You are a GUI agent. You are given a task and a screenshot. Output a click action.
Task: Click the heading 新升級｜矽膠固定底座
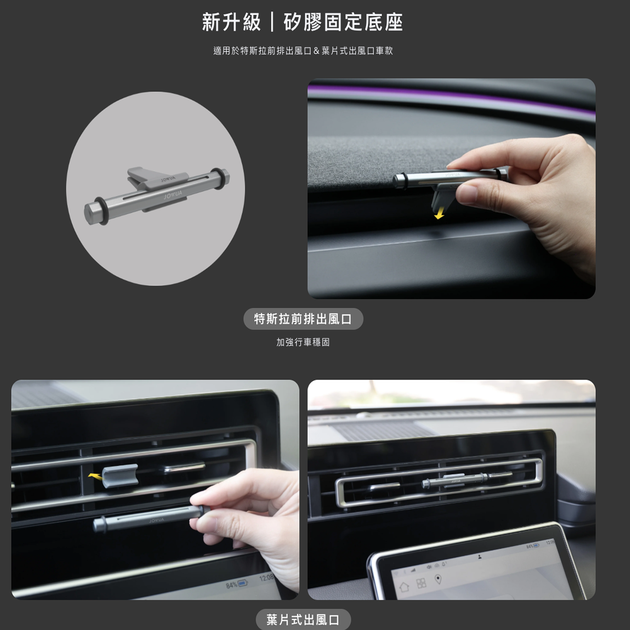[302, 22]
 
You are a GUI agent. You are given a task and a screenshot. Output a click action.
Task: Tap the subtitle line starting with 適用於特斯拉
[303, 51]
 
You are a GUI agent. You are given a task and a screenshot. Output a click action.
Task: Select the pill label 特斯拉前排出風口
[303, 319]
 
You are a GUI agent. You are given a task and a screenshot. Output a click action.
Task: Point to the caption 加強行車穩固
[303, 342]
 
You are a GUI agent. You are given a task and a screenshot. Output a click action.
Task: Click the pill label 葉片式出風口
[303, 619]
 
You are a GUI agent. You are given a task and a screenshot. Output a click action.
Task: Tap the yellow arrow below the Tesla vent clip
[439, 215]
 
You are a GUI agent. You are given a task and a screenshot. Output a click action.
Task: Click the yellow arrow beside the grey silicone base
[95, 477]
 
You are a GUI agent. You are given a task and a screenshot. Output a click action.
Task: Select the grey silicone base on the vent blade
[120, 476]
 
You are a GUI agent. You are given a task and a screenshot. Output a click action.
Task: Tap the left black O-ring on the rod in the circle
[101, 211]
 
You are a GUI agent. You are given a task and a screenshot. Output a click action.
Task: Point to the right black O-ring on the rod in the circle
[217, 177]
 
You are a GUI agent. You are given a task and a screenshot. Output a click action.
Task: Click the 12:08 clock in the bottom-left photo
[267, 578]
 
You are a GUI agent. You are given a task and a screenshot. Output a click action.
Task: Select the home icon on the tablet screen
[405, 586]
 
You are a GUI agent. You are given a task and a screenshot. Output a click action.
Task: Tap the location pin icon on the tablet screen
[438, 579]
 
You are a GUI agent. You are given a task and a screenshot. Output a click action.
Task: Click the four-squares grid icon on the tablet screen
[421, 583]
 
